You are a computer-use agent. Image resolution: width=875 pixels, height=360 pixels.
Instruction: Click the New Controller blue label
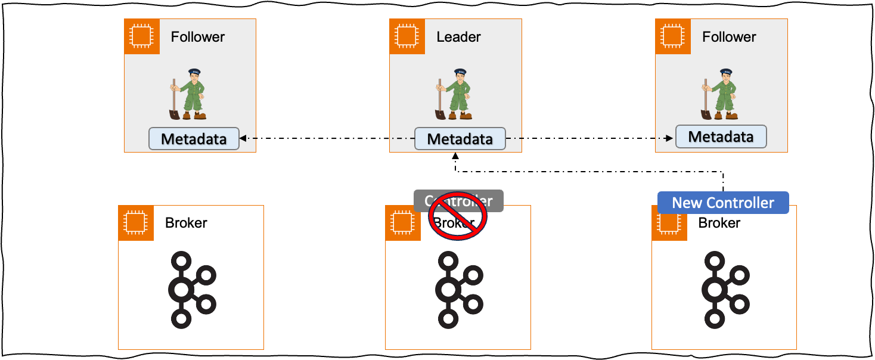[723, 203]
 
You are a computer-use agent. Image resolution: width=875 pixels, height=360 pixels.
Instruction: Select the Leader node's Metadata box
[460, 139]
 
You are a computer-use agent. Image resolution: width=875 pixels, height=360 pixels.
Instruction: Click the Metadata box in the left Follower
[194, 139]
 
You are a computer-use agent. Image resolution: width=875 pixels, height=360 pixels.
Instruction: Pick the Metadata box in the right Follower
[721, 136]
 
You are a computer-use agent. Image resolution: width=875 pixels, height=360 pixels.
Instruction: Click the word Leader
[458, 37]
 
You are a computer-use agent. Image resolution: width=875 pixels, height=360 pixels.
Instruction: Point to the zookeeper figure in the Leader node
[454, 94]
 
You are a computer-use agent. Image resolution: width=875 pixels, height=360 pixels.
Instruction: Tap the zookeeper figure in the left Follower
[188, 94]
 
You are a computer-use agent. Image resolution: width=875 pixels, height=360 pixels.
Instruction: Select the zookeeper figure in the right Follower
[719, 94]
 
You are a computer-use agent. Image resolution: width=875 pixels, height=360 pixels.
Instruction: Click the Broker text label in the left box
[186, 223]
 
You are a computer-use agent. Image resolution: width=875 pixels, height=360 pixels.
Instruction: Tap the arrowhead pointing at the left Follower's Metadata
[243, 139]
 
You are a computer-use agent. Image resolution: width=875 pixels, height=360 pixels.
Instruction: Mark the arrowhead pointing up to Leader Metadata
[456, 154]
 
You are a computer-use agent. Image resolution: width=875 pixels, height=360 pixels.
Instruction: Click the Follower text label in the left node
[198, 37]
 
